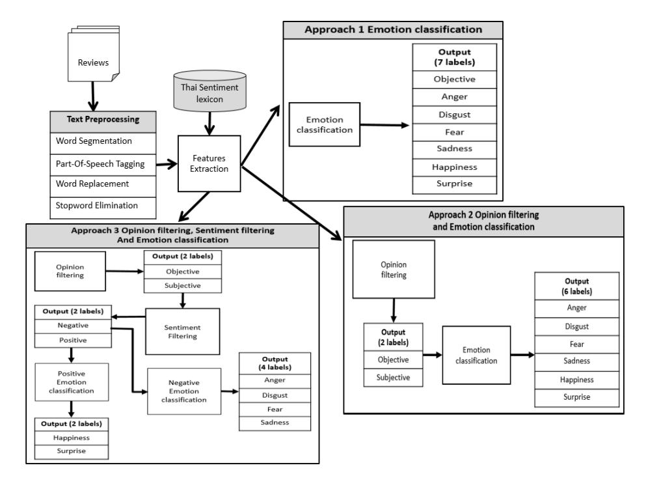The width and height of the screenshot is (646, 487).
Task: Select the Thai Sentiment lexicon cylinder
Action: pos(209,91)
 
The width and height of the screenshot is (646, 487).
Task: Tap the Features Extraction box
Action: pos(209,163)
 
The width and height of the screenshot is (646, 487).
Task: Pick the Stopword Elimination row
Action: pos(103,208)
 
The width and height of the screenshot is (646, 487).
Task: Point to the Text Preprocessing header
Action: pos(103,122)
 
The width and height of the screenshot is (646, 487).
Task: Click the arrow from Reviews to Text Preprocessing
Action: pos(92,96)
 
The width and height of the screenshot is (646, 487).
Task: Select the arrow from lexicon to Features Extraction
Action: pos(209,123)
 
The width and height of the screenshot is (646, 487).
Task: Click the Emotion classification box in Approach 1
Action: pos(325,124)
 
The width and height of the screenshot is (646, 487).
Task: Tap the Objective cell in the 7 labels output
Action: pos(455,79)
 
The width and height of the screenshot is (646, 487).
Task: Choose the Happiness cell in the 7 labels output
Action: pos(455,167)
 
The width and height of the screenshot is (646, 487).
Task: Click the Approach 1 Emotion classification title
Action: pos(393,30)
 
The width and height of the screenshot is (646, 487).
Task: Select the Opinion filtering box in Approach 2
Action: pos(394,270)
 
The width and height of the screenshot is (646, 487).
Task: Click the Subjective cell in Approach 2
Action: pos(393,378)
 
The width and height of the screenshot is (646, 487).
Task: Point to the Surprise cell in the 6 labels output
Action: pos(577,398)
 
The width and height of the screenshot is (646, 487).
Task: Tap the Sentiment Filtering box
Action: pos(183,331)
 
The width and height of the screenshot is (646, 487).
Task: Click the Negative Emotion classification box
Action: pos(184,391)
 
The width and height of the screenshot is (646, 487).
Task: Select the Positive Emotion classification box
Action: pos(72,382)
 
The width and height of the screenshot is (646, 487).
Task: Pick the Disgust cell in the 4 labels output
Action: pos(275,395)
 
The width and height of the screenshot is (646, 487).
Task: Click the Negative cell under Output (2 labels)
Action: pos(73,326)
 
